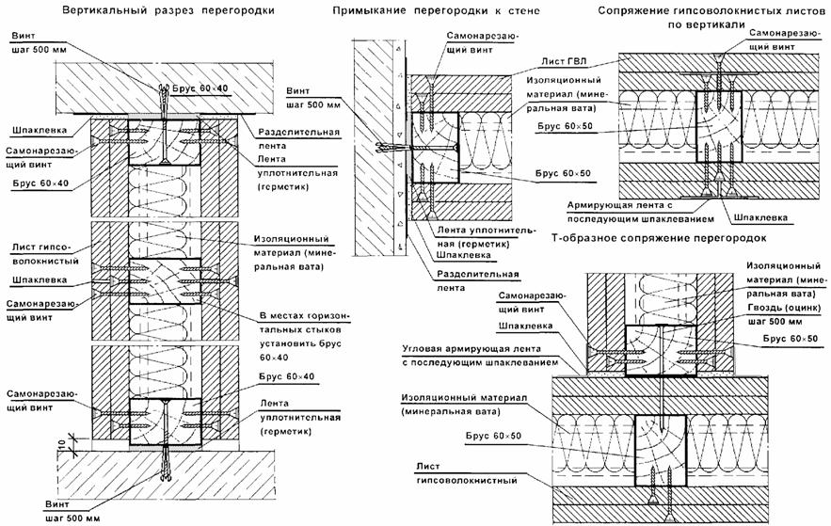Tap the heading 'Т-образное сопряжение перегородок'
pos(659,239)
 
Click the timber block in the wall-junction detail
pos(435,148)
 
